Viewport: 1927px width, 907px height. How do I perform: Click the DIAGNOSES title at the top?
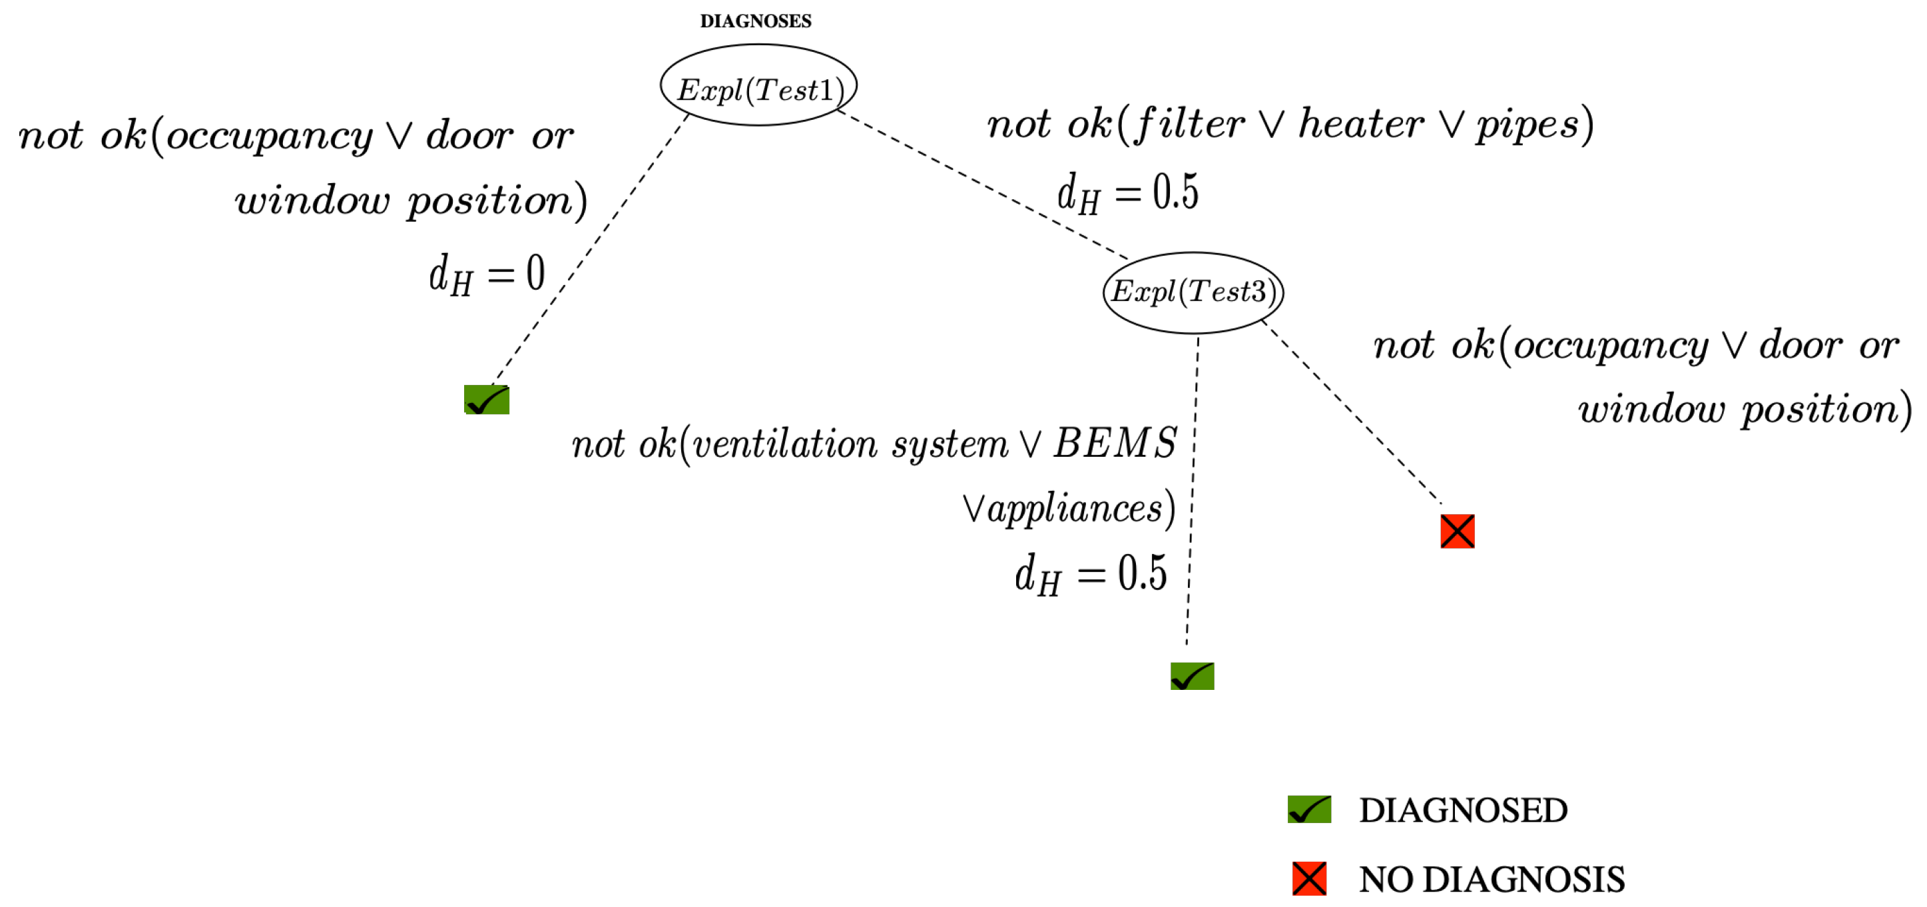click(x=755, y=21)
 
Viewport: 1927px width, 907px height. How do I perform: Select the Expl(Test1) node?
click(x=758, y=85)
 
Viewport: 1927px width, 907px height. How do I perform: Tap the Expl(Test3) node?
click(x=1193, y=292)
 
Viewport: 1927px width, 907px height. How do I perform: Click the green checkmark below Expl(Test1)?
click(x=486, y=400)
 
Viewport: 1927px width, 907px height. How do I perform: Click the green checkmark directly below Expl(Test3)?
click(x=1192, y=676)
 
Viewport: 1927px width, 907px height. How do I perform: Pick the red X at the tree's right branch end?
click(x=1456, y=531)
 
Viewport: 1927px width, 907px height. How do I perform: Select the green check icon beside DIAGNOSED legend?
click(x=1308, y=809)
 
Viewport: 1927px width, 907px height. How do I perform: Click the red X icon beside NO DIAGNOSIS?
click(x=1308, y=878)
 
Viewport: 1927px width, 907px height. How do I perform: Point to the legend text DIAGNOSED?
click(x=1462, y=810)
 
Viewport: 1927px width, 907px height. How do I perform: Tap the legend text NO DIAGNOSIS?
click(x=1492, y=879)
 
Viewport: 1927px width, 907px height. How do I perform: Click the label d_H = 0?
click(x=486, y=274)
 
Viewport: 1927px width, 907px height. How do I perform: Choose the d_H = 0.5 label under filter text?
click(x=1127, y=193)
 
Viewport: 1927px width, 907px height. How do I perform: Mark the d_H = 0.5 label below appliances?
click(x=1090, y=575)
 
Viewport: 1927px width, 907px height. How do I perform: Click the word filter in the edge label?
click(x=1189, y=125)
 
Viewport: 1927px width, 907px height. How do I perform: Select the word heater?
click(x=1361, y=125)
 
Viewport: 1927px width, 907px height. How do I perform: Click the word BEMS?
click(x=1115, y=443)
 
